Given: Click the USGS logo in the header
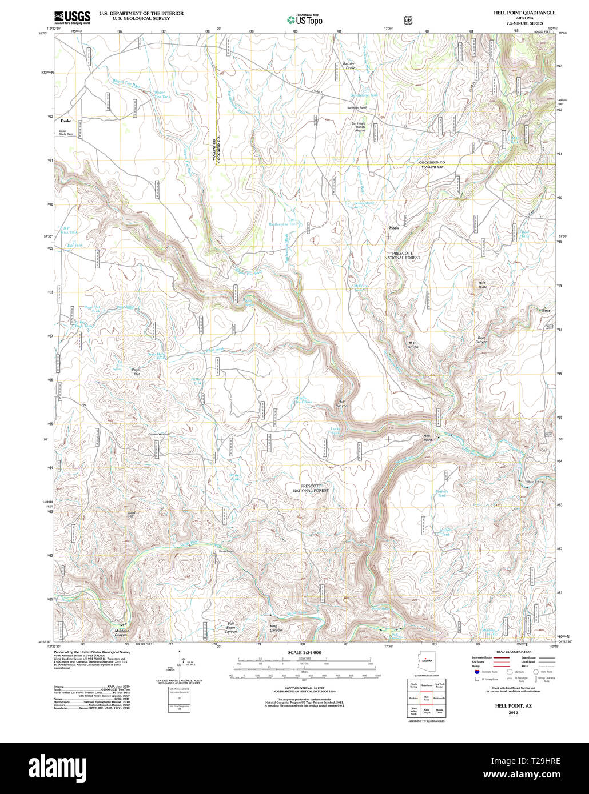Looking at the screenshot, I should point(72,17).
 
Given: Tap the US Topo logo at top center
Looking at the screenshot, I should point(304,19).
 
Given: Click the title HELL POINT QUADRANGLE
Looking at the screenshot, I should point(524,13).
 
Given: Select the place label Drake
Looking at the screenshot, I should point(66,121).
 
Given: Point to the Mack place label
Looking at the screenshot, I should point(393,228).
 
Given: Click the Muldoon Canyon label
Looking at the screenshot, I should point(121,633).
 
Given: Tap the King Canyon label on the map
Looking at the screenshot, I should point(277,628).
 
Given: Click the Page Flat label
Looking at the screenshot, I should point(136,372).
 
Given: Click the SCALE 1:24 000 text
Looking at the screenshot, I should point(304,652).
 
